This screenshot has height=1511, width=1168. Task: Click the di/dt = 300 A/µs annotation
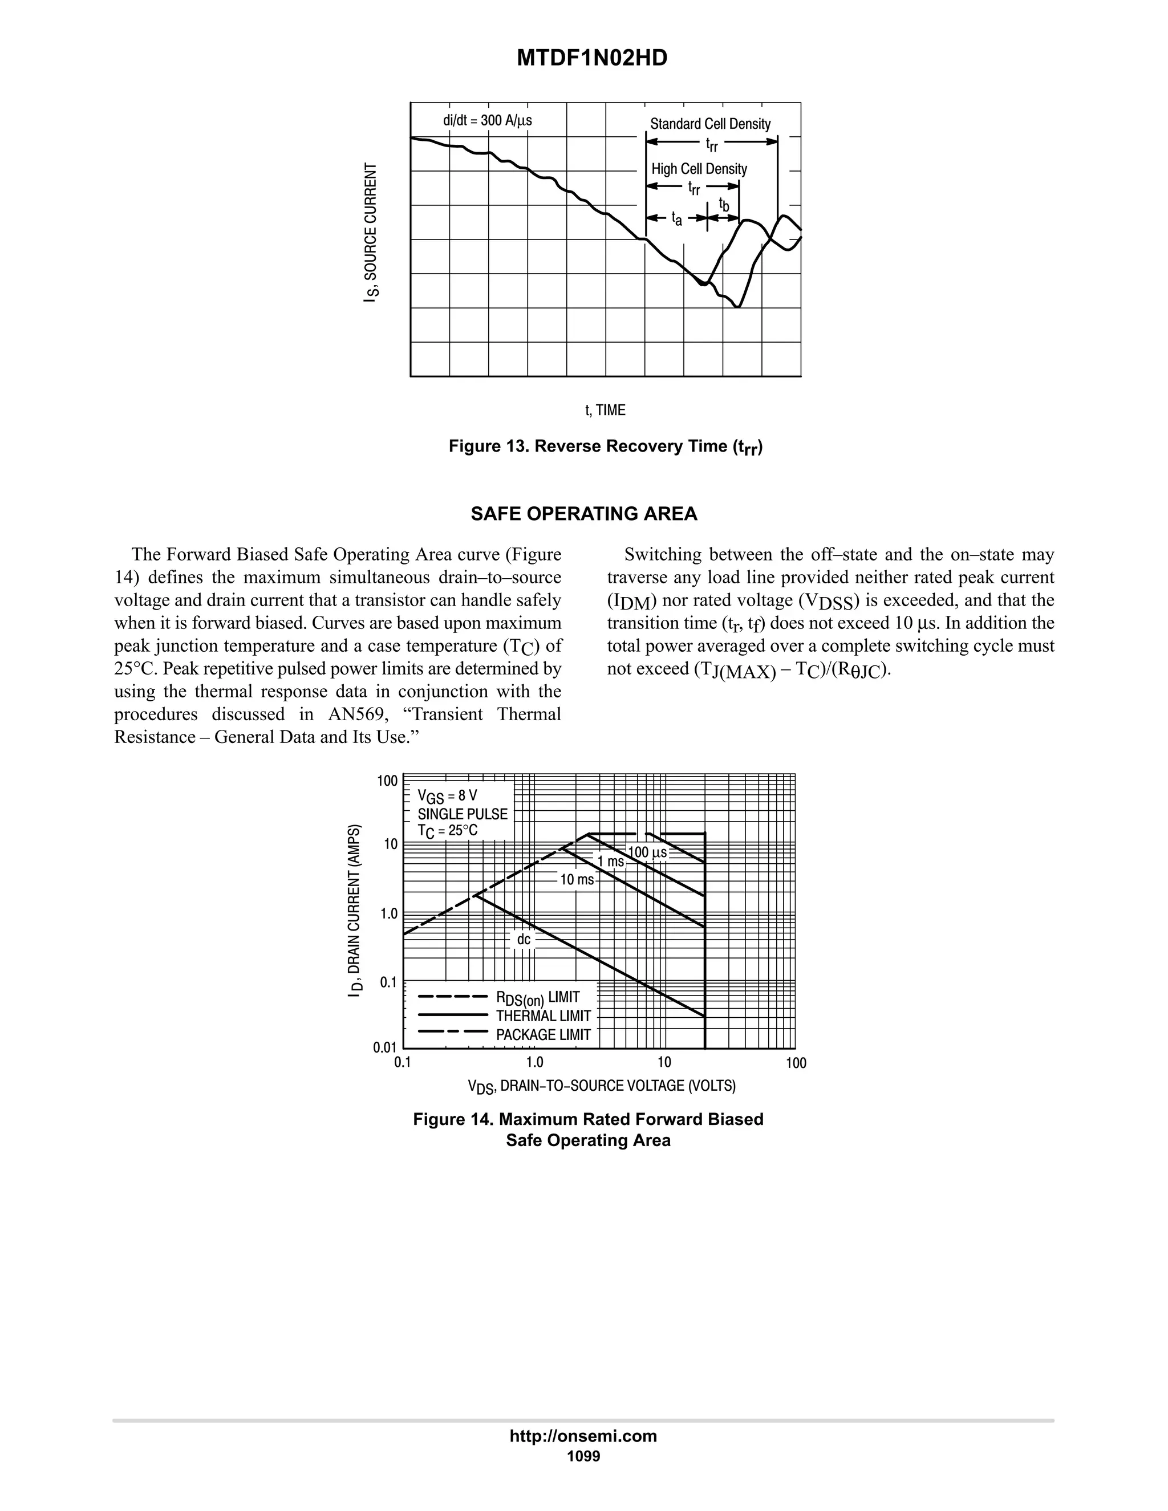pyautogui.click(x=487, y=120)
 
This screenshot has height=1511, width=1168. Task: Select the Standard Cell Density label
pyautogui.click(x=710, y=124)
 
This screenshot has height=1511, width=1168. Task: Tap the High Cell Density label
pyautogui.click(x=699, y=169)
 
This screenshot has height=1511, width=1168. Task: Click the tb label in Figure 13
pyautogui.click(x=724, y=205)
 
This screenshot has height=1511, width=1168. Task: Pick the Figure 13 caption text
pyautogui.click(x=606, y=447)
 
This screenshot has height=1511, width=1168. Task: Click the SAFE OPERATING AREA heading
pyautogui.click(x=584, y=514)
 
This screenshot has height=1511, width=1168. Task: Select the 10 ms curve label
pyautogui.click(x=577, y=880)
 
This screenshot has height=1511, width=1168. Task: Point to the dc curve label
pyautogui.click(x=524, y=940)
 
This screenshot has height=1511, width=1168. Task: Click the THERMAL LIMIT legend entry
pyautogui.click(x=543, y=1016)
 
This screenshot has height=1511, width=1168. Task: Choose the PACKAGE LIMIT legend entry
pyautogui.click(x=543, y=1035)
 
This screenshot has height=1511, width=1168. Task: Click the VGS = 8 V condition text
pyautogui.click(x=447, y=795)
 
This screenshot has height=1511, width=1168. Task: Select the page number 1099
pyautogui.click(x=583, y=1456)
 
